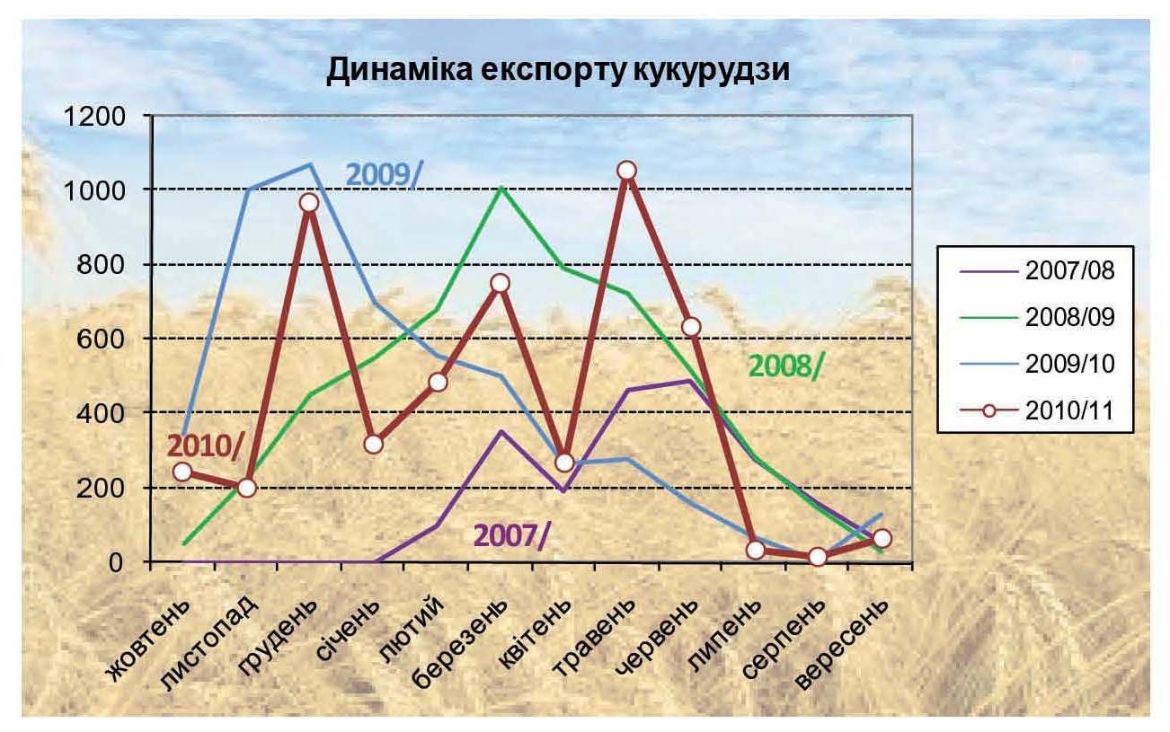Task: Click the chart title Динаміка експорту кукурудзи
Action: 557,71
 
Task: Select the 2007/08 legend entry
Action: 1069,270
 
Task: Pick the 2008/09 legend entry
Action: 1069,316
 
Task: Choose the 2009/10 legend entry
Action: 1069,363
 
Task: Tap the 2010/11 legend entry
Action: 1069,410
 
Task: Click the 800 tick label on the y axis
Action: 103,265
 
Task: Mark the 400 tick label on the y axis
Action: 103,413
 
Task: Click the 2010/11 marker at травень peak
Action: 627,171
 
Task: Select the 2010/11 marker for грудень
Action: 309,202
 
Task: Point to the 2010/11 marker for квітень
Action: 563,463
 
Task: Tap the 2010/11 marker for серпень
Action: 818,557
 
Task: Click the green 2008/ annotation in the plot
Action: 785,366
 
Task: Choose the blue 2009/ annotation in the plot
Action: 383,173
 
